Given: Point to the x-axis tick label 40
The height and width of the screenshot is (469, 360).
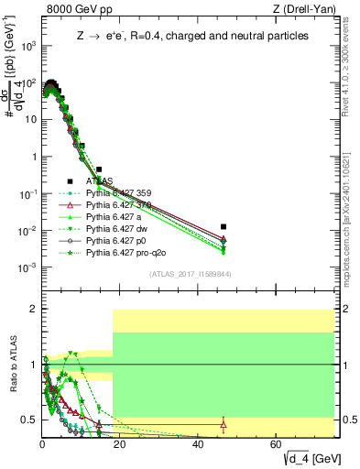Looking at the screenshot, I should [x=199, y=444].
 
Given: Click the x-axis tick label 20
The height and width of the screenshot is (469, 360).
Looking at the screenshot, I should [x=121, y=444].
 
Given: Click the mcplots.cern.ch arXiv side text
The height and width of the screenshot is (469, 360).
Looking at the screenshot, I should [x=353, y=183].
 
